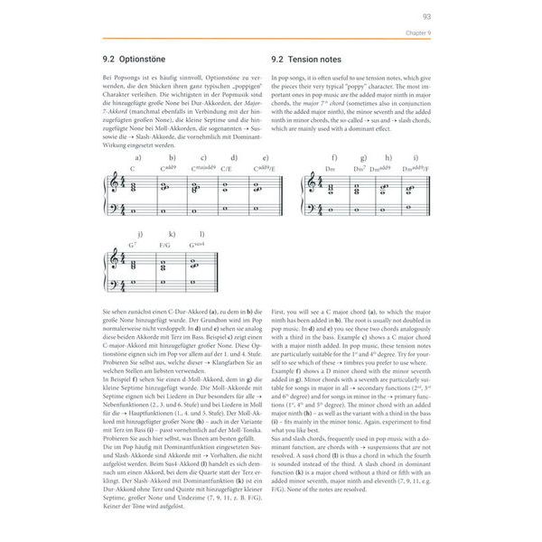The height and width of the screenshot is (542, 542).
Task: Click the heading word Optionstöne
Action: tap(153, 60)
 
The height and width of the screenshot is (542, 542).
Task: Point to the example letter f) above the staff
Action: tap(333, 157)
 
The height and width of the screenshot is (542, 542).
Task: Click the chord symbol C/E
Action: tap(229, 168)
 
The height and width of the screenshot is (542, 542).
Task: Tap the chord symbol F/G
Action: tap(164, 244)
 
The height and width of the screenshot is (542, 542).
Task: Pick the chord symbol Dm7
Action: tap(360, 168)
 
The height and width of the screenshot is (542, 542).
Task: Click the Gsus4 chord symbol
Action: tap(197, 244)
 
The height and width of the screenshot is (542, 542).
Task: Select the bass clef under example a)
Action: tap(111, 211)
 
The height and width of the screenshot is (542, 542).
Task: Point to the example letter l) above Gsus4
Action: tap(196, 233)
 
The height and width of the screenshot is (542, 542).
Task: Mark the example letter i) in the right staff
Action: tap(415, 157)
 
